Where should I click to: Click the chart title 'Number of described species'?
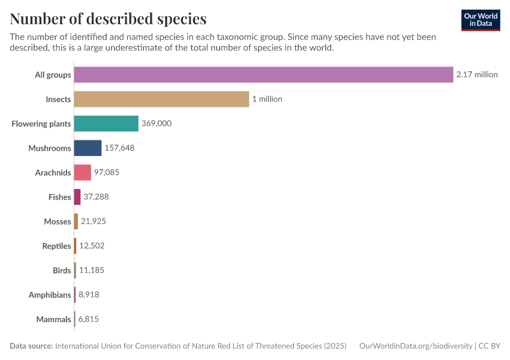(x=108, y=19)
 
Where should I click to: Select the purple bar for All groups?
(x=263, y=74)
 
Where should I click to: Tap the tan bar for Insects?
(x=161, y=99)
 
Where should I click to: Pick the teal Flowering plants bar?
(x=106, y=124)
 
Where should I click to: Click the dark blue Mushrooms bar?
(x=88, y=148)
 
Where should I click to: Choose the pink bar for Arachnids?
(x=83, y=173)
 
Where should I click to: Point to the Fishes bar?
(x=77, y=197)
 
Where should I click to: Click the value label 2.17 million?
(x=476, y=74)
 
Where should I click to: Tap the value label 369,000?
(x=157, y=124)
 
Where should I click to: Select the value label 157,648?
(x=119, y=148)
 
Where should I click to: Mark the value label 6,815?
(x=88, y=319)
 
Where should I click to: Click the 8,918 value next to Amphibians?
(x=89, y=295)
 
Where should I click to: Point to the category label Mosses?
(x=58, y=221)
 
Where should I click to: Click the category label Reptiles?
(x=56, y=246)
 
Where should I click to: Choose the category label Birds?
(x=62, y=271)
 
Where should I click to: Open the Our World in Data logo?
(x=480, y=20)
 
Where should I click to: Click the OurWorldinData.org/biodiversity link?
(x=415, y=346)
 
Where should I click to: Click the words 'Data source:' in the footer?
(x=31, y=346)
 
